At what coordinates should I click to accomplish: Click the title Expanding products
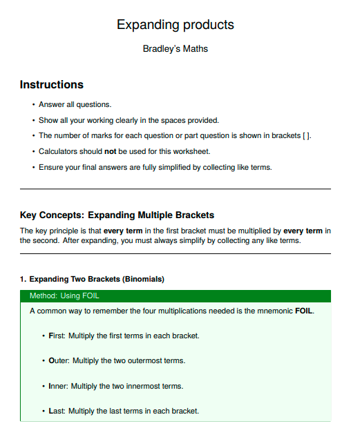(176, 25)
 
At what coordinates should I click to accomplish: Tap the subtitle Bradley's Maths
(176, 48)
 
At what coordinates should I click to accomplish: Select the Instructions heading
(52, 84)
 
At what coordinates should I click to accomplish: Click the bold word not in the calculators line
(110, 151)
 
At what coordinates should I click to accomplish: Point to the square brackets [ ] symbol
(306, 136)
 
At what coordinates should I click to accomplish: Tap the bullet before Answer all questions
(34, 105)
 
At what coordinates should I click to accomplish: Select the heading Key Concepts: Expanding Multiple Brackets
(117, 215)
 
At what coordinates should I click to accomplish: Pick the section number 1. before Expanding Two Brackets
(23, 279)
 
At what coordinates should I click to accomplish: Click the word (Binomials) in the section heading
(144, 279)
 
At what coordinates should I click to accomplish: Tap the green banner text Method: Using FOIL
(64, 295)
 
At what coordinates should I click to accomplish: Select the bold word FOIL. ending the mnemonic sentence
(305, 311)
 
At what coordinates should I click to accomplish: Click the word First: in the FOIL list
(57, 336)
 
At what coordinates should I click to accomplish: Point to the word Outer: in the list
(59, 360)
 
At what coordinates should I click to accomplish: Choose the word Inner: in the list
(58, 386)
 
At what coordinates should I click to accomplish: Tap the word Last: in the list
(57, 411)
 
